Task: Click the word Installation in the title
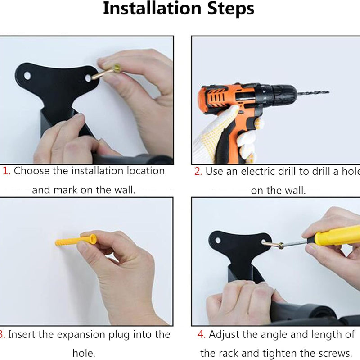coord(152,9)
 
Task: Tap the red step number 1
coord(7,171)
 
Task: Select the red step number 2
coord(198,172)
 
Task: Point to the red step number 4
coord(201,335)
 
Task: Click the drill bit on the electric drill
coord(313,92)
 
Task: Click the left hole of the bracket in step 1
coord(27,75)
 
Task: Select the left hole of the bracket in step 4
coord(218,241)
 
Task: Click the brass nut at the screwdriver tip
coord(280,246)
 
